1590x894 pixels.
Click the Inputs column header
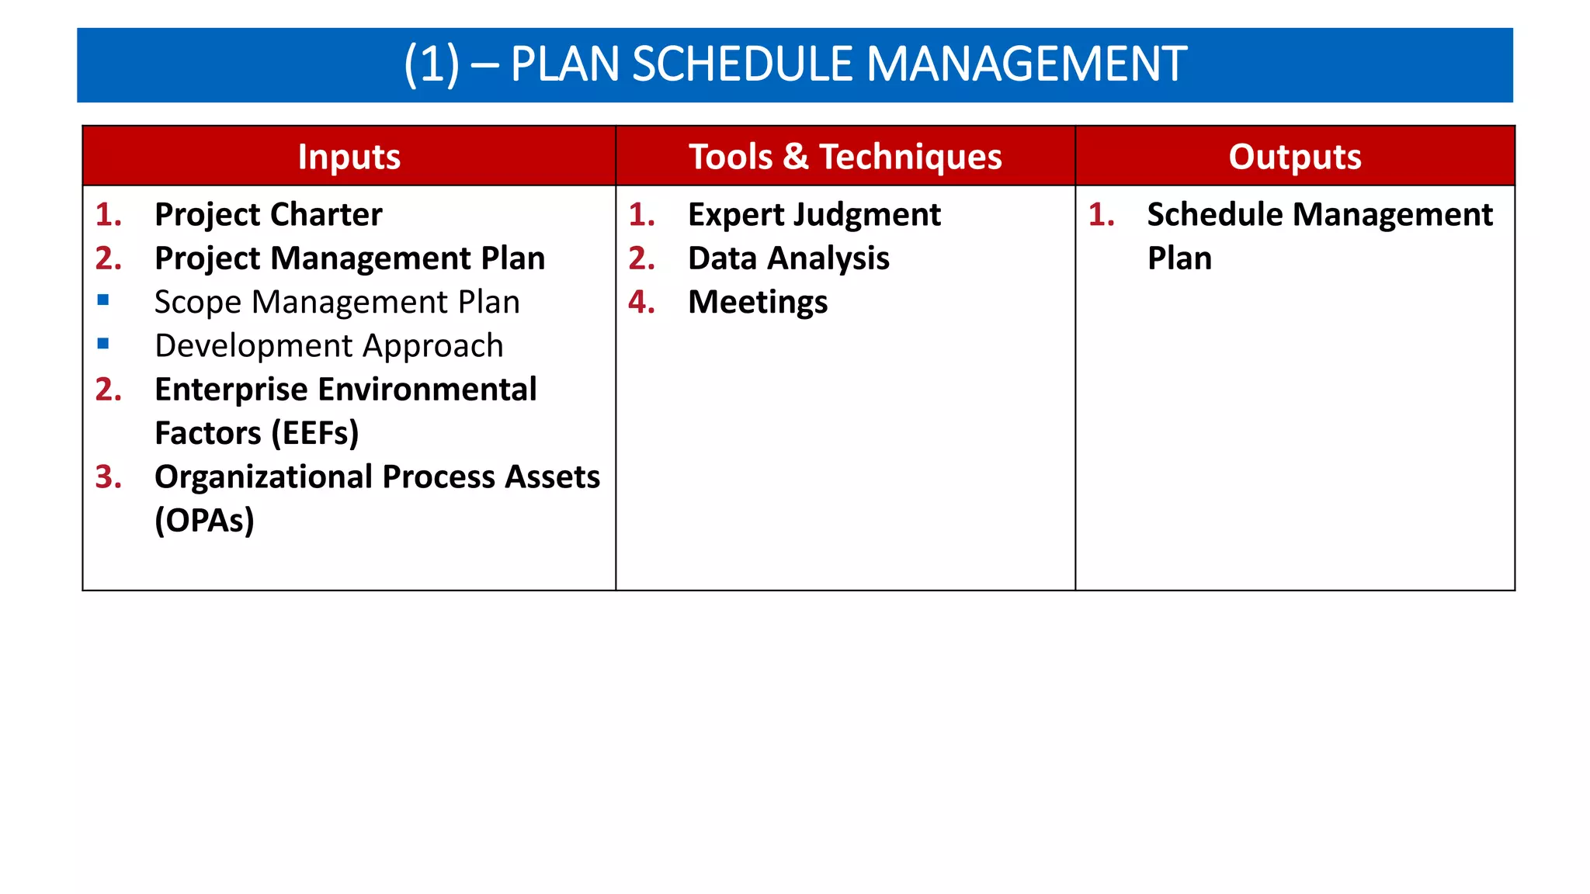click(349, 157)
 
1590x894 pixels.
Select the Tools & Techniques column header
click(845, 157)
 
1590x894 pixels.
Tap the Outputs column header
click(1294, 157)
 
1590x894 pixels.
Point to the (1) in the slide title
click(432, 64)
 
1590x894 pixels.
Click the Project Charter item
click(268, 215)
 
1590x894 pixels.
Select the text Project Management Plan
click(349, 258)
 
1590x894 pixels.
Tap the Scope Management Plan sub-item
click(337, 302)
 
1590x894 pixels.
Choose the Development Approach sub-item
click(329, 346)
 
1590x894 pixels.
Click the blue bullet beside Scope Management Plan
click(103, 300)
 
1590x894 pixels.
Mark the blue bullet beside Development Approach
click(103, 343)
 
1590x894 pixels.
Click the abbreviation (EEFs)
click(315, 433)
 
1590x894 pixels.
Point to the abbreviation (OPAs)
click(204, 521)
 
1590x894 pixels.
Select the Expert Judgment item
click(814, 215)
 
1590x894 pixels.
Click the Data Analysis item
click(788, 258)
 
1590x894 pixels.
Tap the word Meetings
click(758, 303)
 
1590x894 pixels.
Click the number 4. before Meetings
click(641, 302)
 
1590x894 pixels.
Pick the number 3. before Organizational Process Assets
click(109, 476)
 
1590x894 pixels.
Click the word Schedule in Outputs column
click(1215, 215)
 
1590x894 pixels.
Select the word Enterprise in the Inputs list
click(231, 390)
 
